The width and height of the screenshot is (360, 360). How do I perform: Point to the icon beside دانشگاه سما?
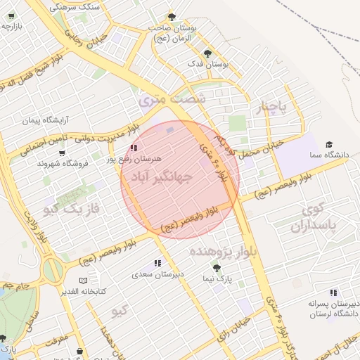click(312, 154)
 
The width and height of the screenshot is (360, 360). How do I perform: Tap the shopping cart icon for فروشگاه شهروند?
click(62, 153)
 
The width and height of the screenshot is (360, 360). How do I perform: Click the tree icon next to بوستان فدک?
click(206, 53)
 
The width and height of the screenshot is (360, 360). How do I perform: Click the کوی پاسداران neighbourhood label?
click(323, 218)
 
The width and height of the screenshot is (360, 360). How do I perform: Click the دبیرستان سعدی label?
click(159, 274)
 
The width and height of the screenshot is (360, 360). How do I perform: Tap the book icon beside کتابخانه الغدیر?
click(84, 281)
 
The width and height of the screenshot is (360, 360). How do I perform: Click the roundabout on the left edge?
click(51, 269)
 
